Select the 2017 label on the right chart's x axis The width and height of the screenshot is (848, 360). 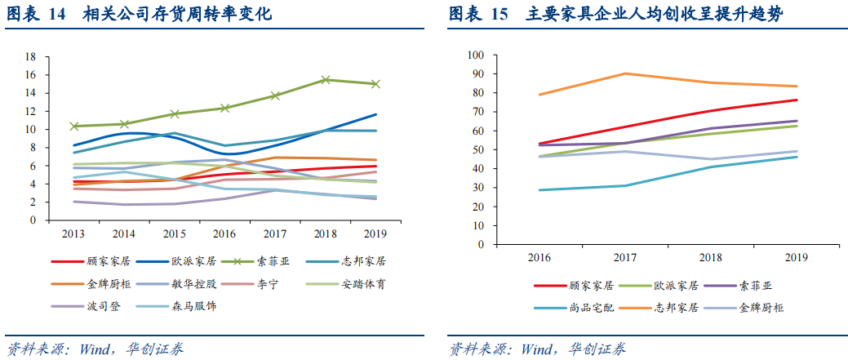[x=625, y=258]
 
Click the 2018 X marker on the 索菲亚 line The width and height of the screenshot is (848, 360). [x=326, y=80]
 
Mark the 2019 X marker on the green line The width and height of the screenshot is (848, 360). [x=375, y=84]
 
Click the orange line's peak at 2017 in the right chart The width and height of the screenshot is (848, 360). [x=625, y=73]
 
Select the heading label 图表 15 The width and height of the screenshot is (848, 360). [x=478, y=15]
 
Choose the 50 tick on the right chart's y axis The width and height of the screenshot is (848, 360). [x=478, y=149]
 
